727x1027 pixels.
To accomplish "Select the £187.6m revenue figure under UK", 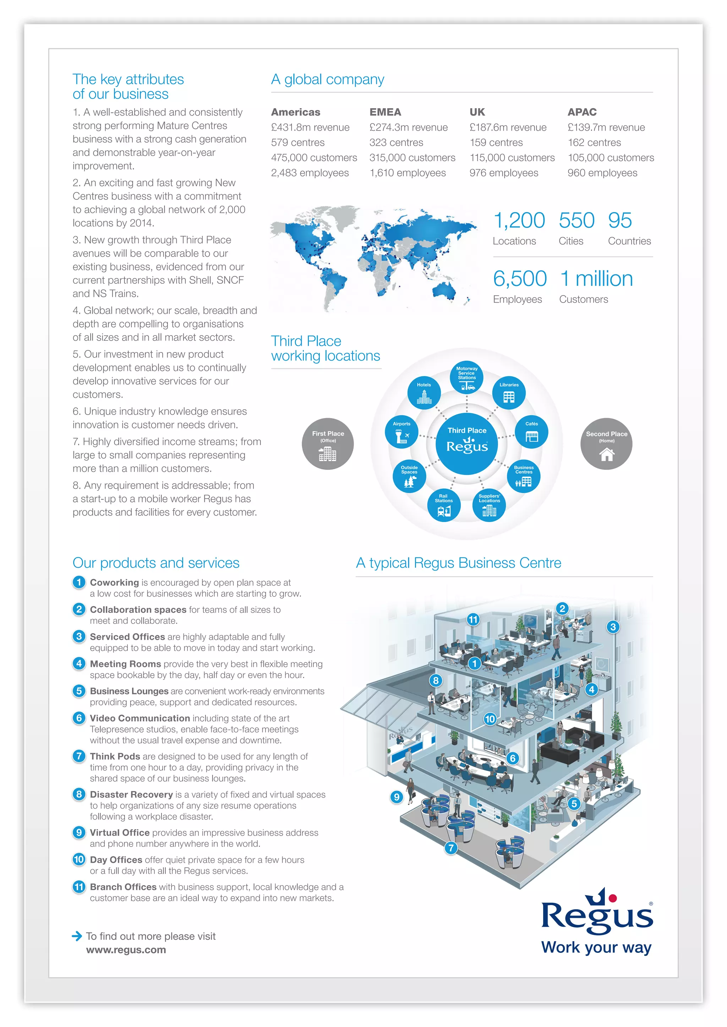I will coord(508,127).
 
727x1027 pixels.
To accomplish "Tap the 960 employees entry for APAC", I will coord(602,173).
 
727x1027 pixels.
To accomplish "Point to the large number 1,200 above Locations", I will coord(519,221).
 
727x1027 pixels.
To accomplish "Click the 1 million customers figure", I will coord(596,279).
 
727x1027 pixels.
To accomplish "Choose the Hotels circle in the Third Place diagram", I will coord(424,393).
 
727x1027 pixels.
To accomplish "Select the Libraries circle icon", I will coord(509,393).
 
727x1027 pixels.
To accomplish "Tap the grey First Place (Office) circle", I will coord(328,444).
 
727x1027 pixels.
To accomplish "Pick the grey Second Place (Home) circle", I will coord(606,444).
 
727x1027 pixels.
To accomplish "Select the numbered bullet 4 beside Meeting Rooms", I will coord(79,664).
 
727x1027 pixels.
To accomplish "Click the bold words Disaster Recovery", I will coord(131,794).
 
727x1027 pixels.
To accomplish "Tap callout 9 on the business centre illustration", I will coord(396,796).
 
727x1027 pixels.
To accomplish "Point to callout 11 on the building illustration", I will coord(473,620).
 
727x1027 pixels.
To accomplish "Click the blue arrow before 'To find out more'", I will coord(77,936).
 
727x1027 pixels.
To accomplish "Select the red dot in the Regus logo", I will coord(613,898).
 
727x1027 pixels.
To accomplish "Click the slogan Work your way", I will coord(596,947).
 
